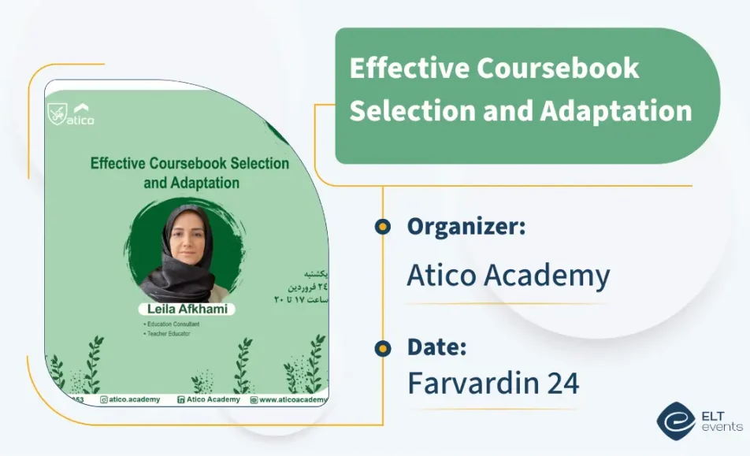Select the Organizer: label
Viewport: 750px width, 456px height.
[466, 227]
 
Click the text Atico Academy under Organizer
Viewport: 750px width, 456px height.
[508, 276]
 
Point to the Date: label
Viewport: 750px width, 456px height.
[436, 347]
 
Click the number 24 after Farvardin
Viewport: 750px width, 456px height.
[563, 384]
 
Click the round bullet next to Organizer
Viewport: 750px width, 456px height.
[383, 227]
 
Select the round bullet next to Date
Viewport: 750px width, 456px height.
[383, 348]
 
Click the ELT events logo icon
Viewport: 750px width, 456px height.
[676, 421]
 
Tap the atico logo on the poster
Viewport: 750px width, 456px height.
[71, 113]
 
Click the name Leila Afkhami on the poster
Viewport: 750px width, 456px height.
[187, 309]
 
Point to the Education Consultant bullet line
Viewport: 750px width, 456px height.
[171, 324]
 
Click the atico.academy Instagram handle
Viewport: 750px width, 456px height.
[134, 399]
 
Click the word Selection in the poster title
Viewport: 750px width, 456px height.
[252, 164]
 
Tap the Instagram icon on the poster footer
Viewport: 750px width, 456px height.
[103, 400]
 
